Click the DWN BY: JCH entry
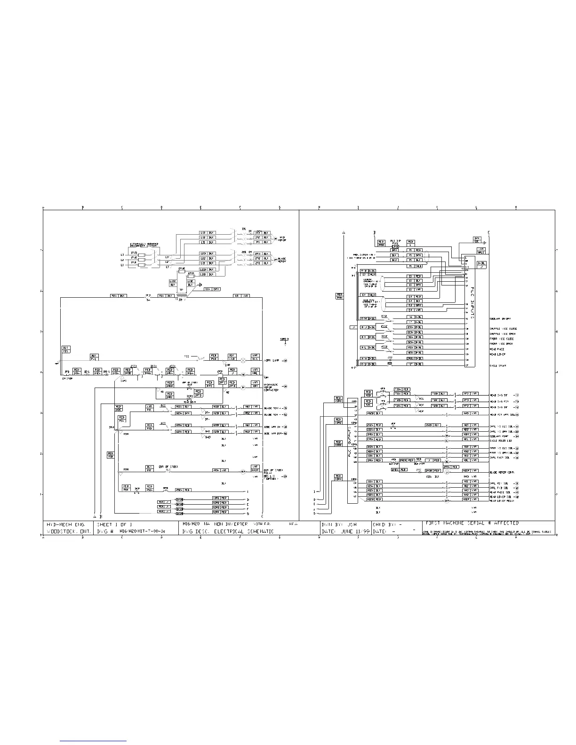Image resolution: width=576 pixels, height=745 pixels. click(x=339, y=523)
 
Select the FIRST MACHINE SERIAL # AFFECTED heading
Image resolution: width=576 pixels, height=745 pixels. click(x=472, y=523)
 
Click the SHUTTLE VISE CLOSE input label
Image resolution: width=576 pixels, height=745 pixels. click(x=502, y=329)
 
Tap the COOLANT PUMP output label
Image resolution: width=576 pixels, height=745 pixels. click(x=499, y=435)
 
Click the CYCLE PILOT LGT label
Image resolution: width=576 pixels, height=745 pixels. click(x=500, y=441)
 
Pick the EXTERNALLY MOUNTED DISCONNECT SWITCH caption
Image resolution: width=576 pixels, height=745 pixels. click(x=144, y=245)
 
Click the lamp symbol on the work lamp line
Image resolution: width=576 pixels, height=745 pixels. click(x=243, y=360)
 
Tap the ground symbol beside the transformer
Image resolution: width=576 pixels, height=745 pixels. click(x=200, y=285)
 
